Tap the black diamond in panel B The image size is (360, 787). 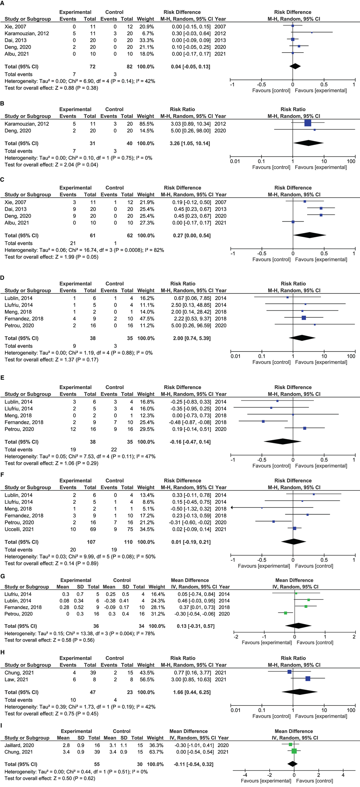(308, 143)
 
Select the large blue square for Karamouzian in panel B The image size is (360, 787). (308, 123)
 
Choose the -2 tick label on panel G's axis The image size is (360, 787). (236, 637)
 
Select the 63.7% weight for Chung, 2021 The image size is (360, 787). (155, 752)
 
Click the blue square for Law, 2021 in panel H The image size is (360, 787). (308, 678)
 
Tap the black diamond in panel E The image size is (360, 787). (283, 441)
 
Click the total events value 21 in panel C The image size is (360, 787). (73, 243)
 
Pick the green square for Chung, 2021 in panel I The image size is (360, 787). (294, 751)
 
